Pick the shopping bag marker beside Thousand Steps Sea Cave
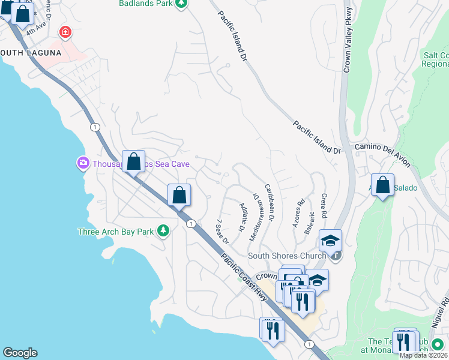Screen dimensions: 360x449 [133, 161]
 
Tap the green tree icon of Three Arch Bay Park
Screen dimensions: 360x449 [162, 231]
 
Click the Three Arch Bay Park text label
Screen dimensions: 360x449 [116, 232]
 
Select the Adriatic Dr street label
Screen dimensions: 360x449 [243, 217]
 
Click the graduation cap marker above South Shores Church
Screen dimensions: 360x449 [330, 241]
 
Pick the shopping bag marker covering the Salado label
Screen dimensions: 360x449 [383, 186]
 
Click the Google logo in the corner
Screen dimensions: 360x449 [20, 353]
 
